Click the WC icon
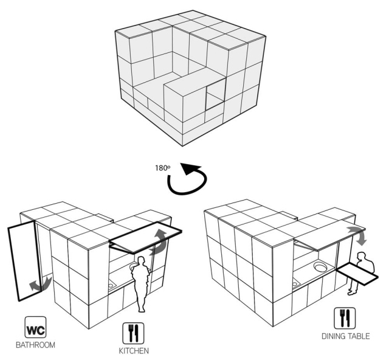point(35,327)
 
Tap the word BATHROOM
point(35,345)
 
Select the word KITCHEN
point(134,351)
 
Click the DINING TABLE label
point(346,336)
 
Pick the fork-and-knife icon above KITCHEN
point(134,333)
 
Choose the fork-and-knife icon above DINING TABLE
point(345,318)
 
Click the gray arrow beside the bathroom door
point(40,284)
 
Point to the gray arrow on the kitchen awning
point(159,242)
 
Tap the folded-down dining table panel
point(357,274)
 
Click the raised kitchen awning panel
point(145,237)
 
